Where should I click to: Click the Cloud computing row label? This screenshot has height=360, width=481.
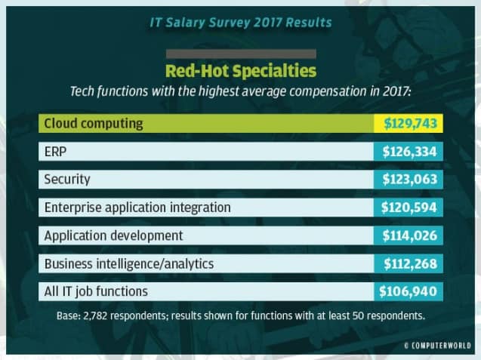pyautogui.click(x=94, y=124)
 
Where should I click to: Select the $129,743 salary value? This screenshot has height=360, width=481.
pyautogui.click(x=410, y=123)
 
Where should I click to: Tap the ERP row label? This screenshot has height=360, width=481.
pyautogui.click(x=55, y=152)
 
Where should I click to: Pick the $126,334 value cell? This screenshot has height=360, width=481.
pyautogui.click(x=409, y=152)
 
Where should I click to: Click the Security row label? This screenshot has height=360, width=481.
pyautogui.click(x=67, y=180)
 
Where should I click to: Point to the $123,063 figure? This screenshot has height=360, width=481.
pyautogui.click(x=409, y=180)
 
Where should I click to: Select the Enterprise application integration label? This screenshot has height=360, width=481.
pyautogui.click(x=137, y=208)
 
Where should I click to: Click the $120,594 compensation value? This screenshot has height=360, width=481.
pyautogui.click(x=409, y=208)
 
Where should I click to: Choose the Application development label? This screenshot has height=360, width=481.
pyautogui.click(x=113, y=235)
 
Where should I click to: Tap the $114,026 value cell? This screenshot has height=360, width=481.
pyautogui.click(x=409, y=235)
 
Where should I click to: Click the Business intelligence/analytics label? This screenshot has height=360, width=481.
pyautogui.click(x=129, y=263)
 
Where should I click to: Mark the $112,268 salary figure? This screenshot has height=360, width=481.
pyautogui.click(x=411, y=263)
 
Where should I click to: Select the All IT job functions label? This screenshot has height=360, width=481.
pyautogui.click(x=96, y=291)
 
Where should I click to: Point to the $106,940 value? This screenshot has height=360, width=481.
pyautogui.click(x=408, y=291)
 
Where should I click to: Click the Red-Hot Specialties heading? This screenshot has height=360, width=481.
pyautogui.click(x=241, y=71)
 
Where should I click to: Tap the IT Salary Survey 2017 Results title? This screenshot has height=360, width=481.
pyautogui.click(x=241, y=23)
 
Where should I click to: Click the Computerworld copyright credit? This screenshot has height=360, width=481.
pyautogui.click(x=437, y=346)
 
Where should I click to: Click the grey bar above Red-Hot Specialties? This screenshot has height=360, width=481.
pyautogui.click(x=241, y=54)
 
